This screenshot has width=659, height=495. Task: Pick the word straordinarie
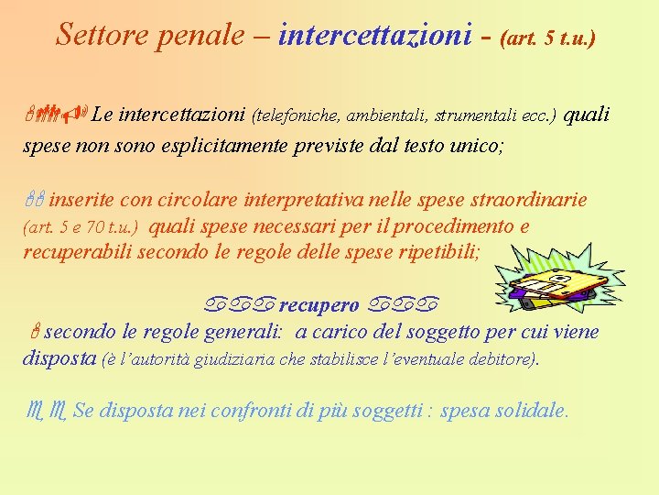point(528,200)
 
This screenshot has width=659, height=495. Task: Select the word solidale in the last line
point(530,412)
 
